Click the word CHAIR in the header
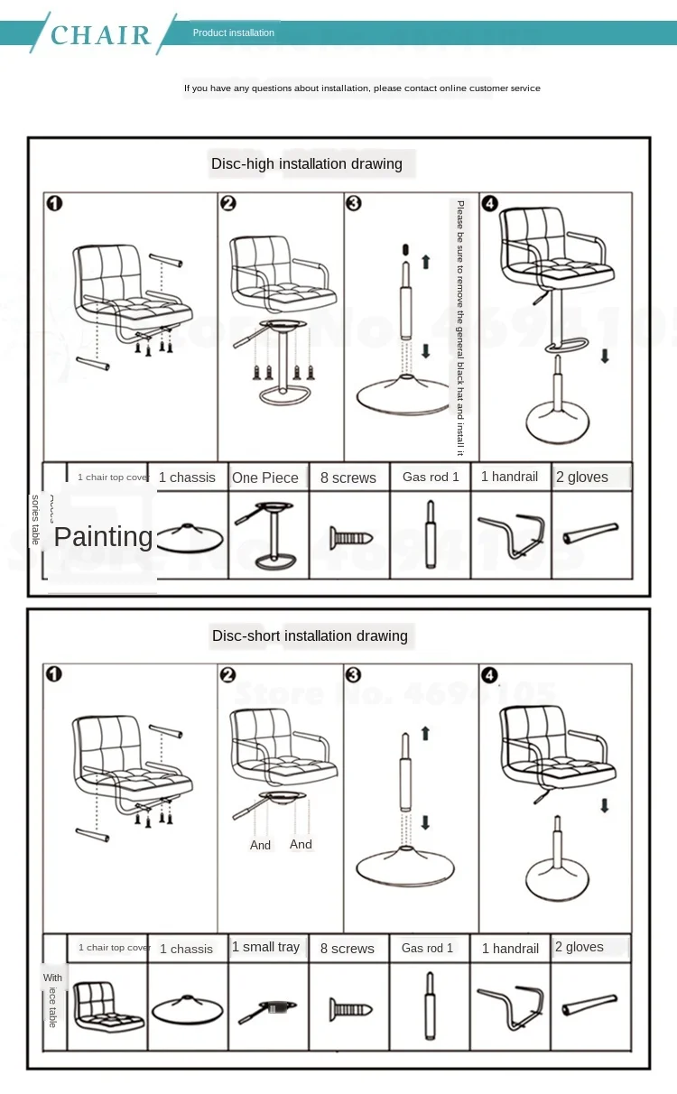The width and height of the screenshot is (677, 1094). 101,35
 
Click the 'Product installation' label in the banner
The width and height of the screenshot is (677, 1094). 233,32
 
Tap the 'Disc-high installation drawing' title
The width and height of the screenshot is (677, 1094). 306,163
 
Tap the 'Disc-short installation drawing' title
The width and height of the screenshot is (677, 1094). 310,635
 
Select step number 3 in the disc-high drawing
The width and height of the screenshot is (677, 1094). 354,203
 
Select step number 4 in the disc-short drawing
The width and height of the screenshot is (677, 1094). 489,675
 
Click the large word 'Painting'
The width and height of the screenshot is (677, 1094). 104,536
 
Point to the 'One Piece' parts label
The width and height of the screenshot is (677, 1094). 264,477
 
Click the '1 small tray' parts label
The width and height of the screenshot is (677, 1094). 265,947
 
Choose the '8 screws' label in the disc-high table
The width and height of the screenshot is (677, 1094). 348,477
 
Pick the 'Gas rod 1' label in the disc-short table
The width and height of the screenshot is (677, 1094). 428,948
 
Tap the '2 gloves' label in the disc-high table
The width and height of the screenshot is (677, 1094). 581,477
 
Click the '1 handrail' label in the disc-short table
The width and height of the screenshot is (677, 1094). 510,948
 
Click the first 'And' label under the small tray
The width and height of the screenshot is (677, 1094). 260,845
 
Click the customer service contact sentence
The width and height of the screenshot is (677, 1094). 362,88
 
